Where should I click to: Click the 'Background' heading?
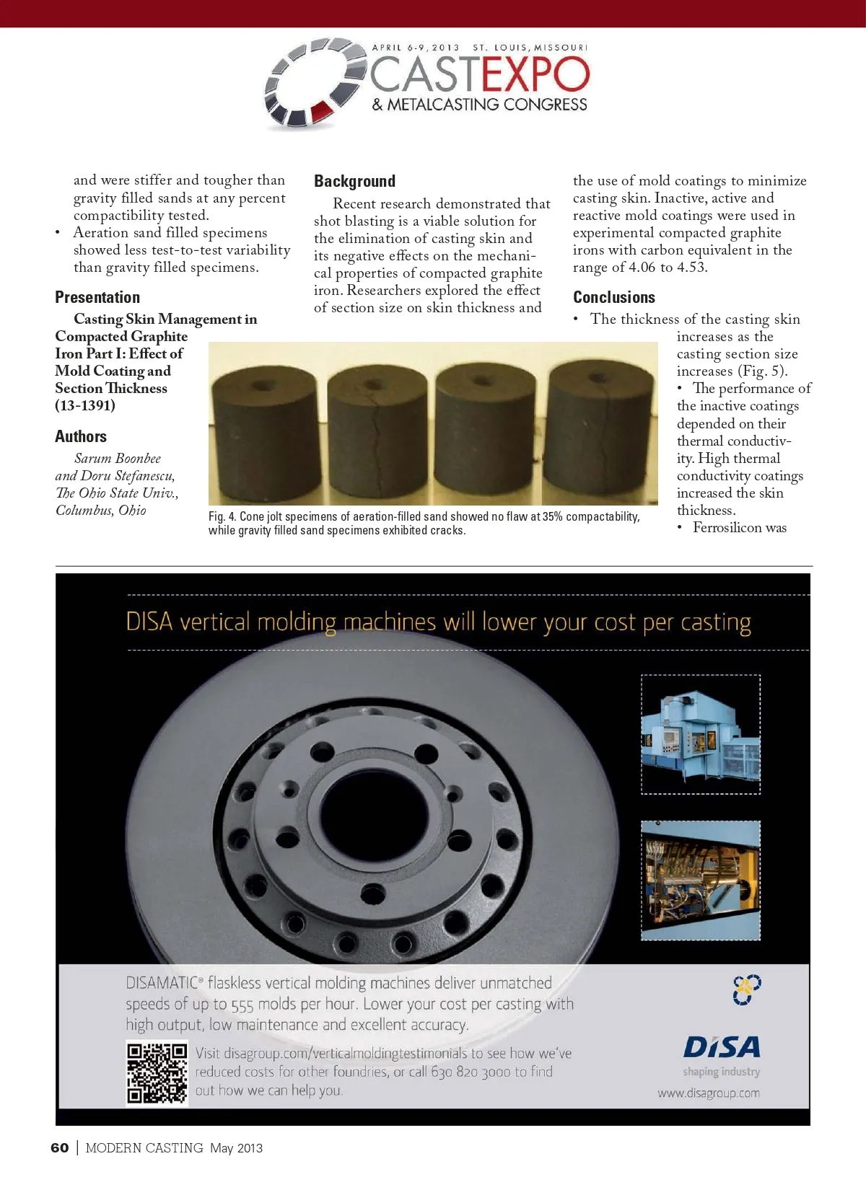(x=354, y=181)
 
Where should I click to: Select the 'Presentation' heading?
(x=97, y=297)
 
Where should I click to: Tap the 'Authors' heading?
(x=81, y=436)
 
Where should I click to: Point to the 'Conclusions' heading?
(x=614, y=297)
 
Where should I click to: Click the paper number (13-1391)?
(x=85, y=405)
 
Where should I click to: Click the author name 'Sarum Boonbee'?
(x=118, y=459)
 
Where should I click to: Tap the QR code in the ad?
(x=157, y=1073)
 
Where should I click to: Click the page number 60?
(x=60, y=1148)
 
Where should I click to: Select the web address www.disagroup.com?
(x=708, y=1093)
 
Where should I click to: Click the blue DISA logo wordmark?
(x=722, y=1047)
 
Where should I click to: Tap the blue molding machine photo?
(x=701, y=734)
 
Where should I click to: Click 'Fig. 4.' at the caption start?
(x=222, y=517)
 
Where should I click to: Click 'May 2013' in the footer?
(x=236, y=1148)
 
